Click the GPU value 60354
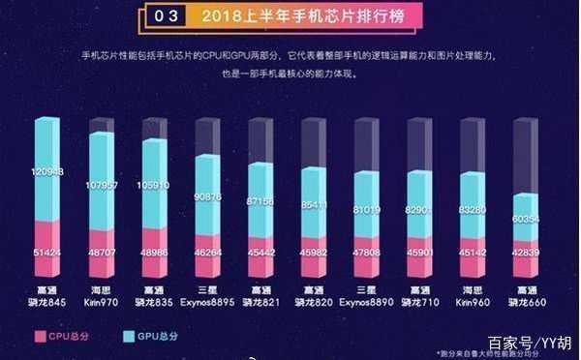pos(527,220)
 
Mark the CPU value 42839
pos(527,251)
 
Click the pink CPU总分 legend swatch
pos(41,336)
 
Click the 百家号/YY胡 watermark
pos(528,344)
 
